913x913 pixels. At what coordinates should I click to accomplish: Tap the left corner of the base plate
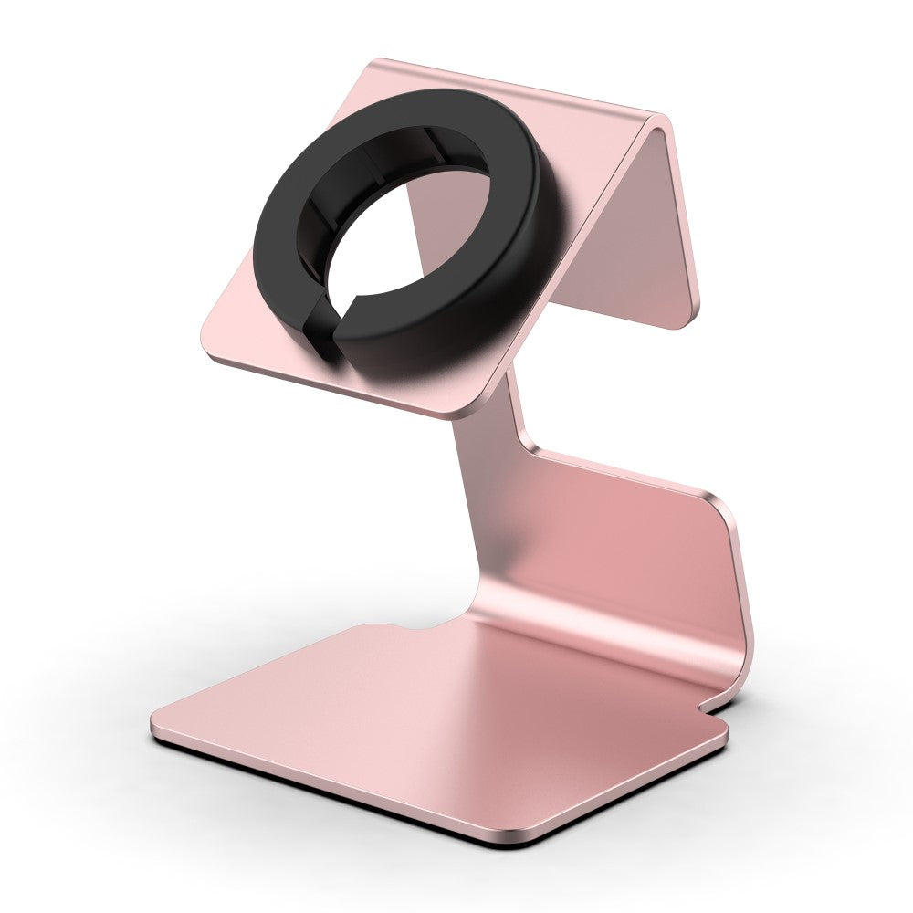(x=155, y=726)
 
